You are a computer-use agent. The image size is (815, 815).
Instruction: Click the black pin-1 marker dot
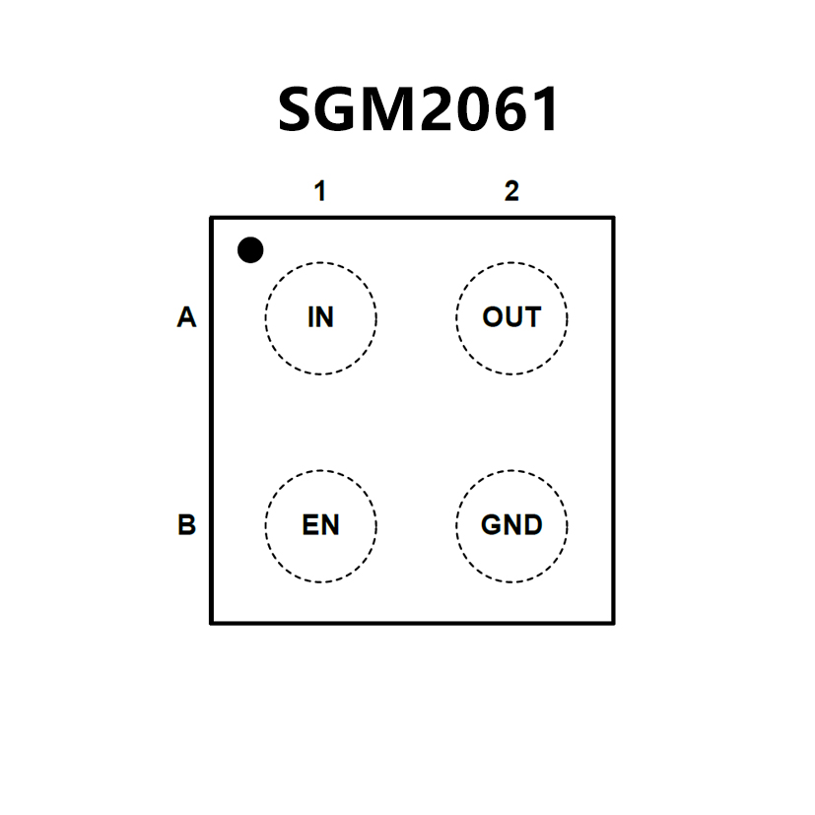point(251,250)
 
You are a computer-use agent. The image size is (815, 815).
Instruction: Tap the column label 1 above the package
point(319,191)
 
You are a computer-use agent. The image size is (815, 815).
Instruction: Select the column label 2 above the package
point(511,191)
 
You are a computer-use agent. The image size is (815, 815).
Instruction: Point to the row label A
point(186,318)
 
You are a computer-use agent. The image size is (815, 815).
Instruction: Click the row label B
point(186,525)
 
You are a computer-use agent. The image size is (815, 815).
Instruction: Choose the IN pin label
point(320,318)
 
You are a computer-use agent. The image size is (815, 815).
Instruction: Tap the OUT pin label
point(511,318)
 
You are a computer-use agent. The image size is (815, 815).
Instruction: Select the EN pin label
point(320,525)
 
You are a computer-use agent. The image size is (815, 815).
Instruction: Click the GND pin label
point(511,525)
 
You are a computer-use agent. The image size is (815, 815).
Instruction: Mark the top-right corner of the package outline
point(613,218)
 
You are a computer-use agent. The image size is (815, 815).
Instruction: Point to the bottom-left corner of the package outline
point(212,622)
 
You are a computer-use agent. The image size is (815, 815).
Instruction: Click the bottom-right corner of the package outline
point(613,622)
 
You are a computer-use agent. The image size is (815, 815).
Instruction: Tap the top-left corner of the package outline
point(212,218)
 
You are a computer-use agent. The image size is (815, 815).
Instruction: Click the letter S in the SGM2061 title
point(297,109)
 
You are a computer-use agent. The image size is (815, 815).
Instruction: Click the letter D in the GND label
point(532,525)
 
